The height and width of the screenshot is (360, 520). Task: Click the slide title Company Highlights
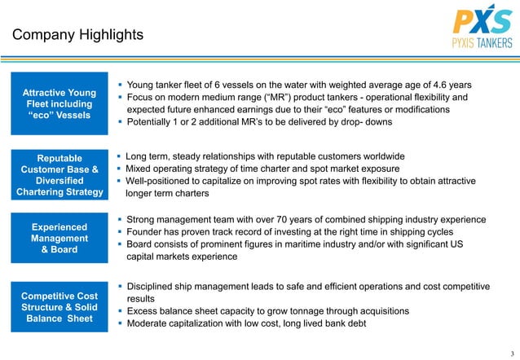tap(77, 35)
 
